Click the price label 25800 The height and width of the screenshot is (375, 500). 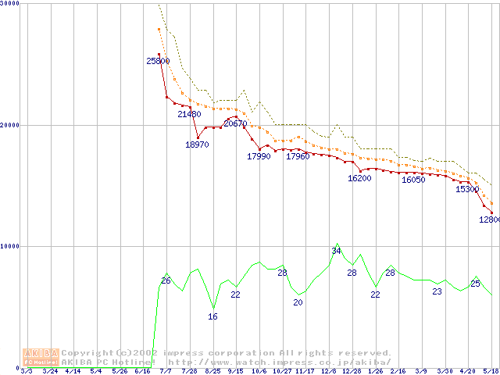[158, 61]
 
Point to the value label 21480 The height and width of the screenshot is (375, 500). [189, 114]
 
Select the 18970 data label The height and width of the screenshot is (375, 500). [197, 145]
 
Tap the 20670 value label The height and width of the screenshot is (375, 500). [235, 123]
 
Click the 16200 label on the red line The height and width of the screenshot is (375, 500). [359, 178]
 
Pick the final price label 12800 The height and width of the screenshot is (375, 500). [489, 220]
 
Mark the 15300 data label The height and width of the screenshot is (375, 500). [467, 189]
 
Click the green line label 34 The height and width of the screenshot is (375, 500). [337, 251]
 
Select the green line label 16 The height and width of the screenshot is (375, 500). [212, 316]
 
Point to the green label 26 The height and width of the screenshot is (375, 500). [166, 280]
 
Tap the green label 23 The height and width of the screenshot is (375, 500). [437, 291]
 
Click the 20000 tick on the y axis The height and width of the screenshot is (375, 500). [10, 124]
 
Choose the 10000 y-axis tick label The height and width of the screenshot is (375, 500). [10, 246]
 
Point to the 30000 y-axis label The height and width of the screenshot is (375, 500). [10, 3]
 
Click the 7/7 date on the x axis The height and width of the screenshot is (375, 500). [166, 371]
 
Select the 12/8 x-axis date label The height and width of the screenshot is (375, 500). [329, 371]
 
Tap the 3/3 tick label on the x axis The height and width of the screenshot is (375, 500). [26, 371]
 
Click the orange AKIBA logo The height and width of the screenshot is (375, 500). [41, 356]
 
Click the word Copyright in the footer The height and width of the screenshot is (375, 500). [84, 353]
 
